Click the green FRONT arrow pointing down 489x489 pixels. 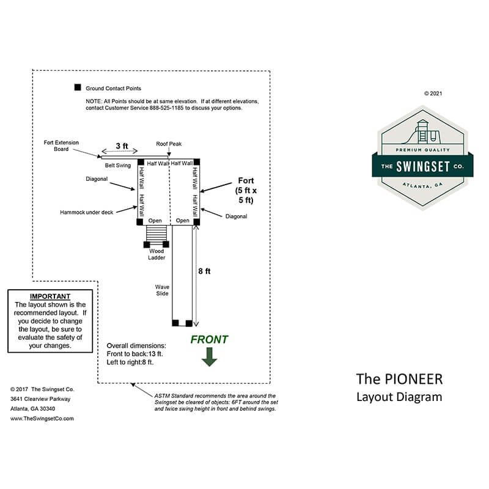tap(210, 356)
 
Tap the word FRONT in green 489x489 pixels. tap(209, 340)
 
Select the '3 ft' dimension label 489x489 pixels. tap(122, 146)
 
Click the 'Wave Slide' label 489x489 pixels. tap(162, 289)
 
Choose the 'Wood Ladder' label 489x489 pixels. tap(156, 254)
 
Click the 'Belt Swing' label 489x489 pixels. tap(118, 165)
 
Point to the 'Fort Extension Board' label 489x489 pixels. tap(61, 145)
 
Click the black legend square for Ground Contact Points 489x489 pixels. tap(78, 88)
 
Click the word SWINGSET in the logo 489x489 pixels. tap(423, 167)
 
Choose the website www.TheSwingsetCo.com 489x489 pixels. tap(42, 419)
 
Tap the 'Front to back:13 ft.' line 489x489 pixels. tap(135, 353)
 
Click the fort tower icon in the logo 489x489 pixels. tap(422, 130)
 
